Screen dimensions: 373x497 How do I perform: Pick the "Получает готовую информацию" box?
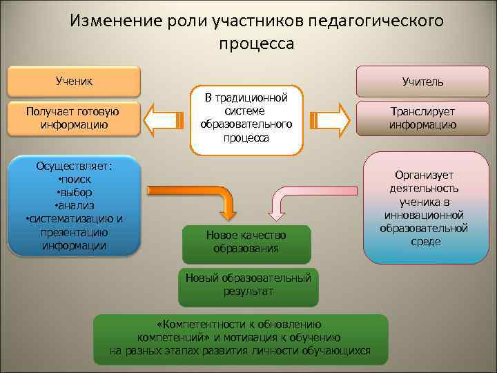[x=73, y=118]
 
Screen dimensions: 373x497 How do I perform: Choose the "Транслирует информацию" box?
[x=422, y=118]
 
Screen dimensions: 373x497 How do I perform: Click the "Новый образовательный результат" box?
[x=248, y=285]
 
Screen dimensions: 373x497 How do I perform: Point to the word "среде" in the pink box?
[x=425, y=242]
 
